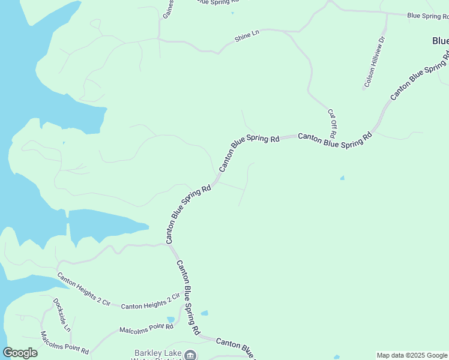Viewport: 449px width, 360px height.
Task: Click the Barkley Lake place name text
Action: [158, 353]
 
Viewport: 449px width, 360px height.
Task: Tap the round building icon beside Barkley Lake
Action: [190, 355]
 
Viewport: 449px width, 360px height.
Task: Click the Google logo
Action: [20, 353]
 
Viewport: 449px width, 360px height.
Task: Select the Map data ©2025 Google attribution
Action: [412, 355]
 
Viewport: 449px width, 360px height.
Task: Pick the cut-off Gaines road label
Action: [169, 8]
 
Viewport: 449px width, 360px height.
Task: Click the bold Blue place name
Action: [440, 41]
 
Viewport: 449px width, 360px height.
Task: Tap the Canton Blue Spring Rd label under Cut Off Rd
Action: [335, 140]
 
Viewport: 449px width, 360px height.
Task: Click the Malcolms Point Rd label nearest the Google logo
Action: [64, 341]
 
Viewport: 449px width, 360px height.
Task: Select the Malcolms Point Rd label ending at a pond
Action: [146, 328]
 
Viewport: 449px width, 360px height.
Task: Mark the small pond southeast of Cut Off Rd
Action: [342, 178]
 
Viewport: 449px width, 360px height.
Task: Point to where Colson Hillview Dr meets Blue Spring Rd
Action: [387, 13]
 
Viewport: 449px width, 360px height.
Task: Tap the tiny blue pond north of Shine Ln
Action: [232, 13]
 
